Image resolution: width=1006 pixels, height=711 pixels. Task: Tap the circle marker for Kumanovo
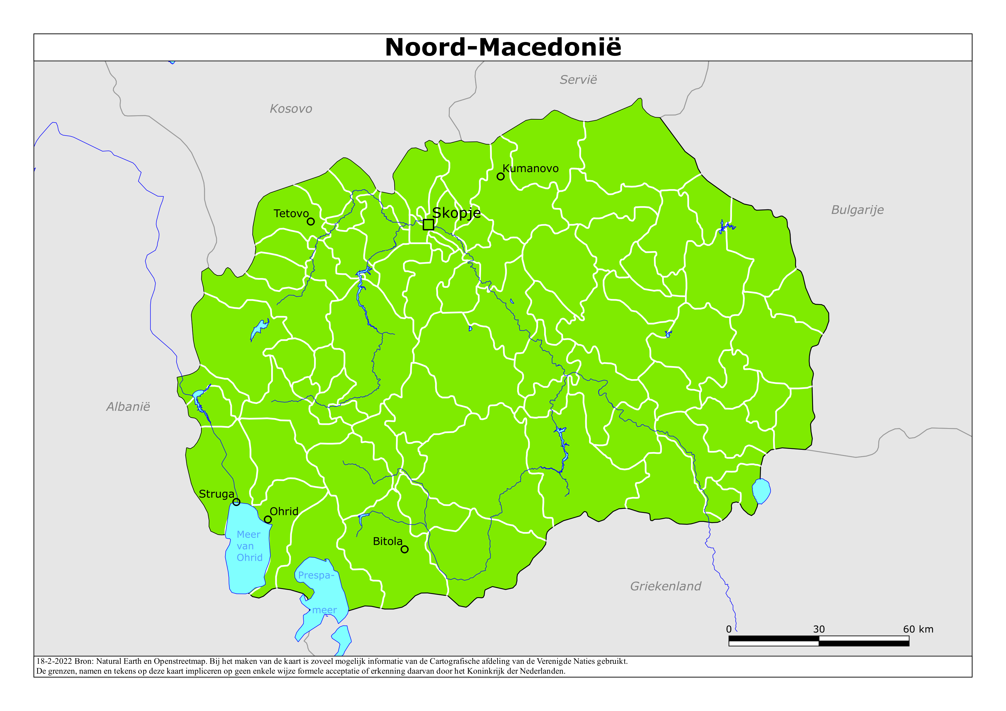500,177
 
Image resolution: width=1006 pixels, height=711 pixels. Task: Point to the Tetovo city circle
311,221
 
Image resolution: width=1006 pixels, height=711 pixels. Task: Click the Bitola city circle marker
404,549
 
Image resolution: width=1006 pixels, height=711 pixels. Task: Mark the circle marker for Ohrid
268,520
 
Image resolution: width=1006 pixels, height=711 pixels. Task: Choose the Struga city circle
236,502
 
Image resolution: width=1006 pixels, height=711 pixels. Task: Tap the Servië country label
578,80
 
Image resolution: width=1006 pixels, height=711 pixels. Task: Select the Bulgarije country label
857,210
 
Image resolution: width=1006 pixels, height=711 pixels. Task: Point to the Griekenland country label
665,586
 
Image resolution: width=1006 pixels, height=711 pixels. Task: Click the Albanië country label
128,407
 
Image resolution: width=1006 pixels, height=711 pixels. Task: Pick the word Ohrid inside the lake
249,558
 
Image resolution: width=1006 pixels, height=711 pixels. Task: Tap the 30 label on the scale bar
819,630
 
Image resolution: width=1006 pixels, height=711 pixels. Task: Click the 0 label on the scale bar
729,630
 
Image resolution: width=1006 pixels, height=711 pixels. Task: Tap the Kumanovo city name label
530,169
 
